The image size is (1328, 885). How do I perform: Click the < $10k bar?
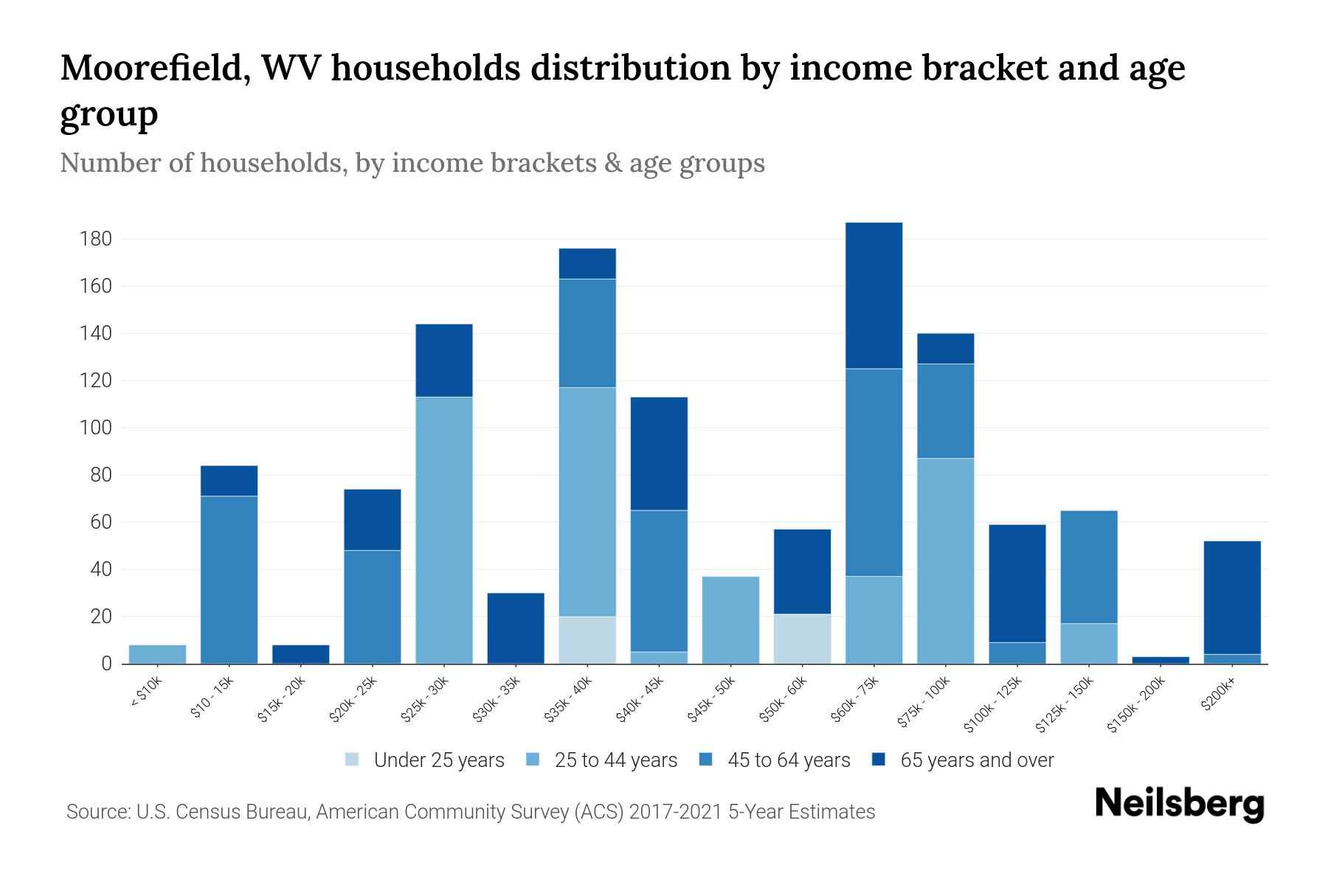pos(157,654)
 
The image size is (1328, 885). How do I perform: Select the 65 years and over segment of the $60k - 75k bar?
pos(874,295)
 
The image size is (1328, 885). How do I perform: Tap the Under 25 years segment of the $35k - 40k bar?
pos(587,639)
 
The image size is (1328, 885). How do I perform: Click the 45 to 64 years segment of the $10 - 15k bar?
pos(229,579)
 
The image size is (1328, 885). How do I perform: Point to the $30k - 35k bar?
pos(516,628)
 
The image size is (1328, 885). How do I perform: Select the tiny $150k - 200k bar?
pos(1160,660)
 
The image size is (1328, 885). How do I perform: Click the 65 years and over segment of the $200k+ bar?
pos(1231,597)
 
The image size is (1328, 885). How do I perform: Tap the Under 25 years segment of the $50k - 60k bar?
pos(802,639)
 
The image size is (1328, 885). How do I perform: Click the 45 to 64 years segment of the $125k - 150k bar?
pos(1088,566)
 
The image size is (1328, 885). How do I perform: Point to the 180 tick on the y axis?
pos(96,239)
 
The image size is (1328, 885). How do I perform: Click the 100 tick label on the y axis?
pos(96,428)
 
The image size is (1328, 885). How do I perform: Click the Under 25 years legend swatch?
pos(353,760)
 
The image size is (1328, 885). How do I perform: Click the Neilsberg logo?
pos(1179,803)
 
